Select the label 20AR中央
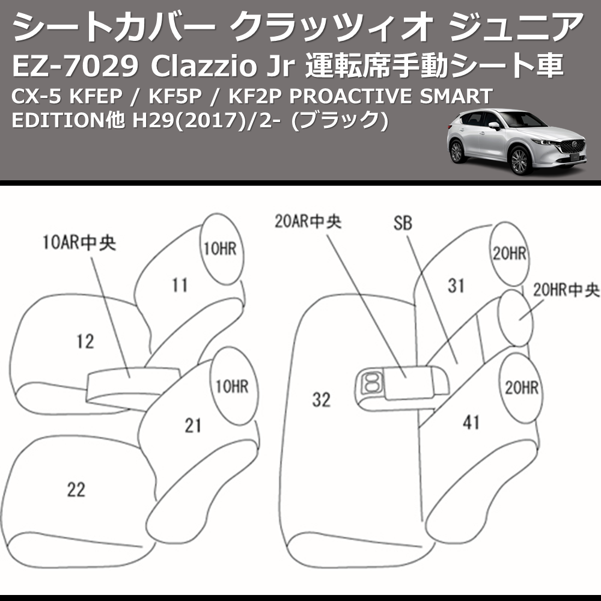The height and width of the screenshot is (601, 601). point(308,221)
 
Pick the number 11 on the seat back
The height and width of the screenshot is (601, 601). point(179,284)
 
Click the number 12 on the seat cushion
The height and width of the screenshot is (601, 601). point(85,341)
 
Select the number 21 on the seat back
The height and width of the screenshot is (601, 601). point(192,426)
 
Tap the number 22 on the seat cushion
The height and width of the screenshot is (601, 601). point(76,490)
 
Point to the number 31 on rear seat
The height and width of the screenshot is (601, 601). point(456,285)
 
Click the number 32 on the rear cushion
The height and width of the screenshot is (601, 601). point(322,399)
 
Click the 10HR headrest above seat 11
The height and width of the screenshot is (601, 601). point(219,249)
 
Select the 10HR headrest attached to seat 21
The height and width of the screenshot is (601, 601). point(231,386)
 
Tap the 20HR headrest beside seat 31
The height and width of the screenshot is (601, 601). point(509,254)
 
